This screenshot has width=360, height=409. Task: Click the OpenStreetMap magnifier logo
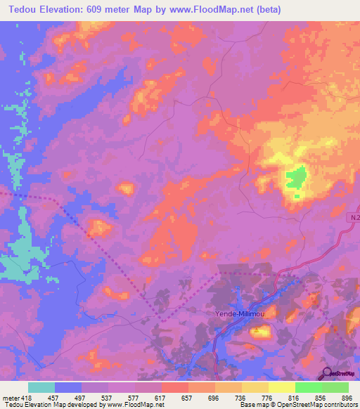[326, 372]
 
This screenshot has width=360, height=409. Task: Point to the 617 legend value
[161, 397]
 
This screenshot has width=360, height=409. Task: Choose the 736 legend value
[241, 397]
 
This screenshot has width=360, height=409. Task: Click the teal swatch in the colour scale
[41, 387]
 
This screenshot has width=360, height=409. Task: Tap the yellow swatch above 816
[281, 387]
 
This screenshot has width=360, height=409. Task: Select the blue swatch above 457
[68, 387]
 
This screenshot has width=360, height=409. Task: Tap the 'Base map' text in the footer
[252, 405]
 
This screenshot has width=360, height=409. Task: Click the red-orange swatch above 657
[174, 387]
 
